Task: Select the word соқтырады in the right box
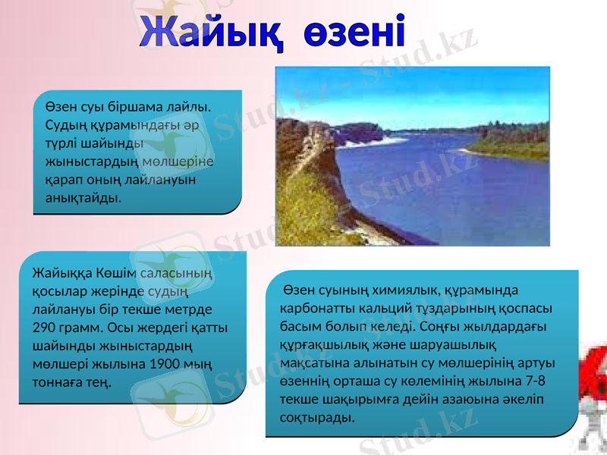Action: click(316, 418)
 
